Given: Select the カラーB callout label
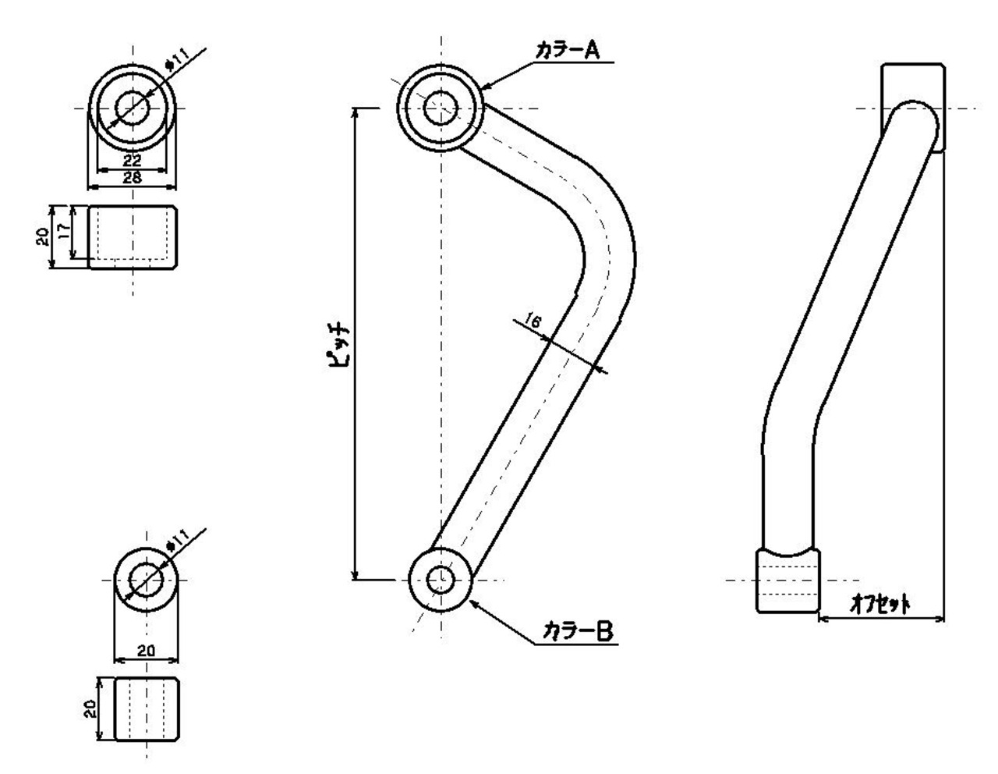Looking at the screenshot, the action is point(577,631).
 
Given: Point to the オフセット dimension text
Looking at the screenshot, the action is point(879,604).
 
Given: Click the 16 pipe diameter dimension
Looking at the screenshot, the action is point(532,320).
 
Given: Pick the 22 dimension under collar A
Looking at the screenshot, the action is point(133,161).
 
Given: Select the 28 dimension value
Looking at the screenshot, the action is point(133,177).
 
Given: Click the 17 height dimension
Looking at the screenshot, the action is point(65,230).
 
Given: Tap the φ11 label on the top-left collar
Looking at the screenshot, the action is point(176,60).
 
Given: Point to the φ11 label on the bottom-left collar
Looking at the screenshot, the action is point(177,541).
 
